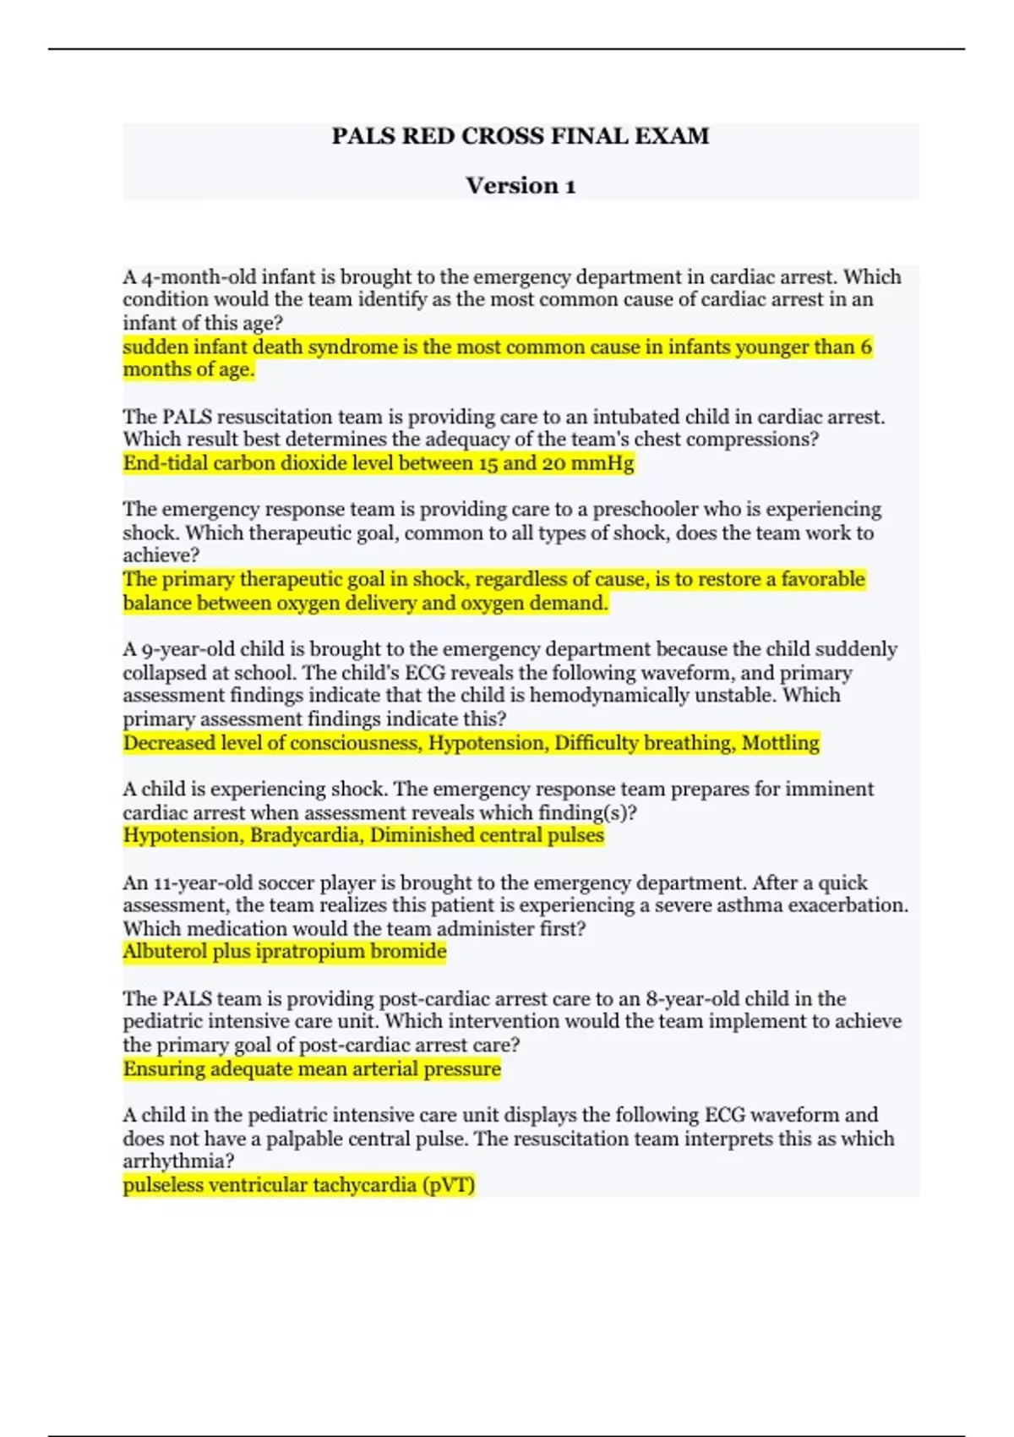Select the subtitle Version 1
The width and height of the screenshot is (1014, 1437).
(x=521, y=186)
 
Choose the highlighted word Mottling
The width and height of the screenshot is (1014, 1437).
(x=780, y=743)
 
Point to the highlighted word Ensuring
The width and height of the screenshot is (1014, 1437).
(x=164, y=1069)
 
